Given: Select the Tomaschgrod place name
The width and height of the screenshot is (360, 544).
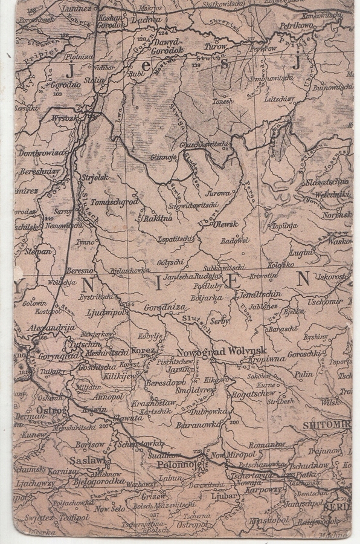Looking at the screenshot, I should (x=115, y=202).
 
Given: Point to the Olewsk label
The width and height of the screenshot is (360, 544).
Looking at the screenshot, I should (x=226, y=224).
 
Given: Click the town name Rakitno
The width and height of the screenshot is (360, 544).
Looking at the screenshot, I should (x=158, y=218).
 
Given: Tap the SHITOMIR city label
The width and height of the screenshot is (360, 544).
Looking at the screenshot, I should (x=326, y=425).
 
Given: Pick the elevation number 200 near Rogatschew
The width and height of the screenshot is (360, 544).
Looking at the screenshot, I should (x=234, y=422).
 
